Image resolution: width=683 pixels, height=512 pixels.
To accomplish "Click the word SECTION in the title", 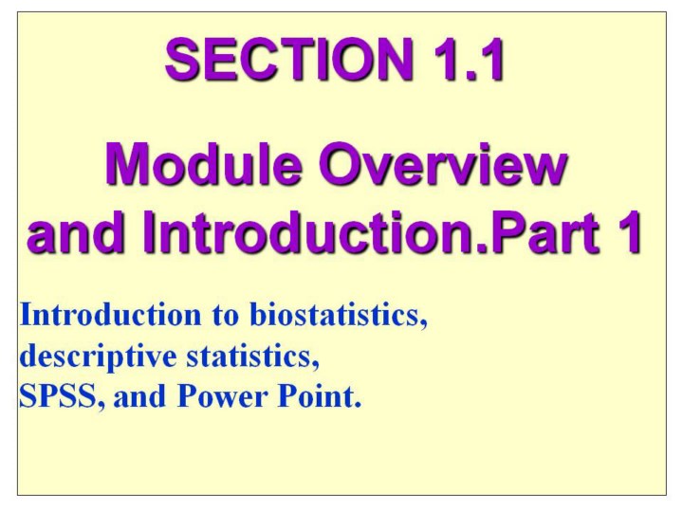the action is point(288,59).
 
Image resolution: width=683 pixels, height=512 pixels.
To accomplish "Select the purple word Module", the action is point(203,165).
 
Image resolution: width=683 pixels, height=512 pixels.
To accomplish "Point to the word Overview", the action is point(443,165).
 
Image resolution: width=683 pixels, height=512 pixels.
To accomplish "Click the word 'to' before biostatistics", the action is point(226,316).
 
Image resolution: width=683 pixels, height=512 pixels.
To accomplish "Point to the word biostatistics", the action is point(335,315).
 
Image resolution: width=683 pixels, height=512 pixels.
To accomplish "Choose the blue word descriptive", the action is point(98,357).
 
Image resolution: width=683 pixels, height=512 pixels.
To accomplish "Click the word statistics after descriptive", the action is point(249,356).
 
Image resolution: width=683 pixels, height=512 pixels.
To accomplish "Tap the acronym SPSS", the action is point(58,396).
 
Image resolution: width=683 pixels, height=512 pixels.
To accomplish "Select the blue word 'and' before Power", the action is point(139,396).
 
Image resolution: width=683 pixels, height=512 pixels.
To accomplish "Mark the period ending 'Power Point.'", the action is point(358,405).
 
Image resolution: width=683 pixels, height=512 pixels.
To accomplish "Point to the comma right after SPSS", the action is point(102,406).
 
